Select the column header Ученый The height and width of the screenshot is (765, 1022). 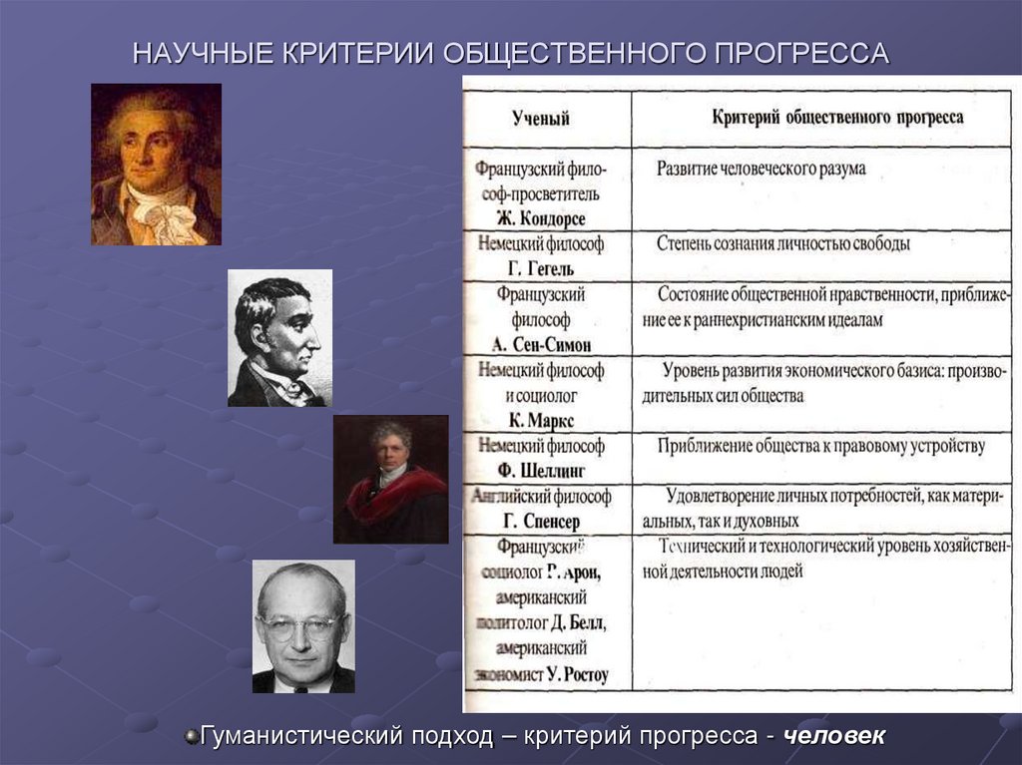pyautogui.click(x=541, y=119)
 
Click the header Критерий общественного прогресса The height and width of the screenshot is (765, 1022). pyautogui.click(x=837, y=117)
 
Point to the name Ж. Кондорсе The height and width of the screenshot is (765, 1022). pyautogui.click(x=540, y=218)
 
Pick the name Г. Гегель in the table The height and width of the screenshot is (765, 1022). pyautogui.click(x=540, y=269)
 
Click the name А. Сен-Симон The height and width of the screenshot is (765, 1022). pyautogui.click(x=542, y=345)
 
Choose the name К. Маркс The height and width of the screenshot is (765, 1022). pyautogui.click(x=540, y=420)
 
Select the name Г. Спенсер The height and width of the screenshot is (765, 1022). pyautogui.click(x=540, y=521)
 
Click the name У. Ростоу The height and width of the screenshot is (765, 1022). pyautogui.click(x=577, y=675)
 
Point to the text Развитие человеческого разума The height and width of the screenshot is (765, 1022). pyautogui.click(x=761, y=169)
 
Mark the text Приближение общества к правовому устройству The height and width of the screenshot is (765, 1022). pyautogui.click(x=820, y=445)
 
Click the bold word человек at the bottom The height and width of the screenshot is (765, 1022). pyautogui.click(x=833, y=737)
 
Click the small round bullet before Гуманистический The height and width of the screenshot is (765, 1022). pyautogui.click(x=191, y=737)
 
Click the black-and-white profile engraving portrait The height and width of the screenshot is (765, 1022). pyautogui.click(x=279, y=338)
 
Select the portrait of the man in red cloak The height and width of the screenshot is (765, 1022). pyautogui.click(x=390, y=480)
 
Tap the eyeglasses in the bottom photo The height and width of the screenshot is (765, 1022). pyautogui.click(x=299, y=628)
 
